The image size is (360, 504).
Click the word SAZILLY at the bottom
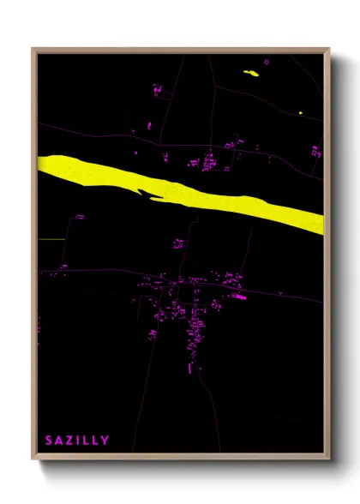(77, 441)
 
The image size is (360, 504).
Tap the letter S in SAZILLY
(49, 441)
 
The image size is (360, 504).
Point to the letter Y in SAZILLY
(105, 441)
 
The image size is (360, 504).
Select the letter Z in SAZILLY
(69, 441)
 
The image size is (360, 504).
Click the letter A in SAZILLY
(59, 441)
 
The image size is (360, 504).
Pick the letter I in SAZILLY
(79, 441)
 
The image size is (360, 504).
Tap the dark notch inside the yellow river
(153, 196)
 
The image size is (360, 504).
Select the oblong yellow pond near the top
(252, 73)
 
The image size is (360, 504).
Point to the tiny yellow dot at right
(301, 111)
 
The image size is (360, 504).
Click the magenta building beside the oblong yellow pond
(266, 62)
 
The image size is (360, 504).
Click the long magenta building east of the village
(239, 297)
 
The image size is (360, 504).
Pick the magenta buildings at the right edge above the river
(315, 152)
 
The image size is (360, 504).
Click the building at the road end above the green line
(78, 218)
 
